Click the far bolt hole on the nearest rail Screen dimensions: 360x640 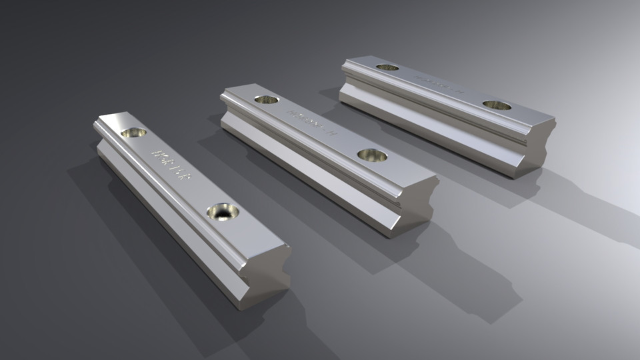coord(134,133)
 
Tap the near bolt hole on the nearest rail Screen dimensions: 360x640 coord(223,212)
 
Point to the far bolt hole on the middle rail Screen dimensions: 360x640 coord(266,99)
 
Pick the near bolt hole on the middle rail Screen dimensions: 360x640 coord(372,155)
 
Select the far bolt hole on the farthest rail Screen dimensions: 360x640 coord(387,67)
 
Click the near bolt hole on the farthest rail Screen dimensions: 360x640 coord(497,105)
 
